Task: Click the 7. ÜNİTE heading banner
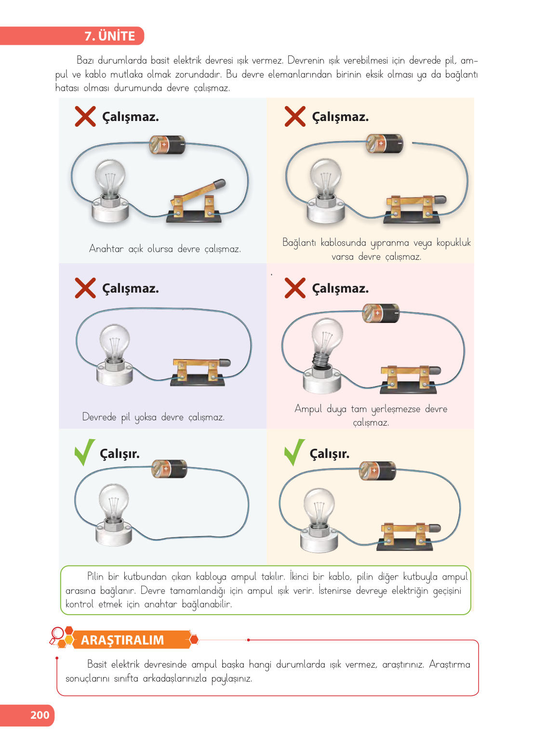(72, 36)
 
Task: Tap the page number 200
(40, 715)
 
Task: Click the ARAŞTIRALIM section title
(122, 640)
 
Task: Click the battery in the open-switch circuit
(167, 145)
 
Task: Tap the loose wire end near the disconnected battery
(413, 143)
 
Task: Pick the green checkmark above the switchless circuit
(85, 452)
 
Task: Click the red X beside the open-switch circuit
(85, 116)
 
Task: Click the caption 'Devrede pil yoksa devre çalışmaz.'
(153, 417)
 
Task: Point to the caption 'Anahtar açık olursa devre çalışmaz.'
(165, 249)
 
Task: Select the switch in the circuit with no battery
(200, 371)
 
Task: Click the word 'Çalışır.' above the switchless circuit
(120, 454)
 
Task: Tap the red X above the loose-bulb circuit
(295, 288)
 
